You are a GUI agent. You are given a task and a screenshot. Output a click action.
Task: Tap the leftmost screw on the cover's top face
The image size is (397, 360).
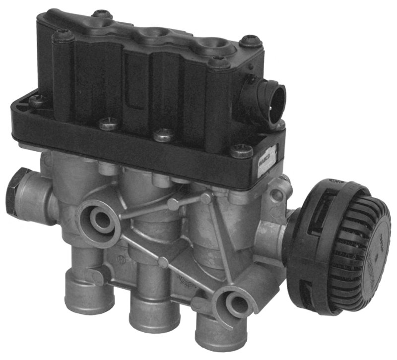click(63, 35)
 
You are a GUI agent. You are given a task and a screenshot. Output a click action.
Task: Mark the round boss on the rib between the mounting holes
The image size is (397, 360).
click(173, 203)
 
